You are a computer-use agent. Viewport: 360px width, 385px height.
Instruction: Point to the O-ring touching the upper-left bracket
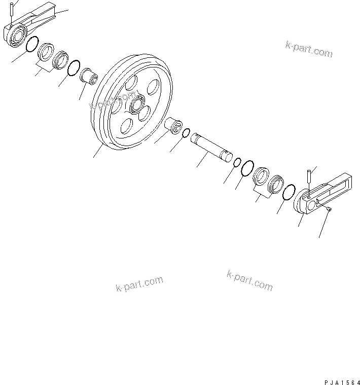pyautogui.click(x=31, y=44)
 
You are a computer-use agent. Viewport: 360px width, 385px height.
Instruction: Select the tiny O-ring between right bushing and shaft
pyautogui.click(x=187, y=133)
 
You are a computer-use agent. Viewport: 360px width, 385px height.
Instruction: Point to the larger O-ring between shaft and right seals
pyautogui.click(x=247, y=168)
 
